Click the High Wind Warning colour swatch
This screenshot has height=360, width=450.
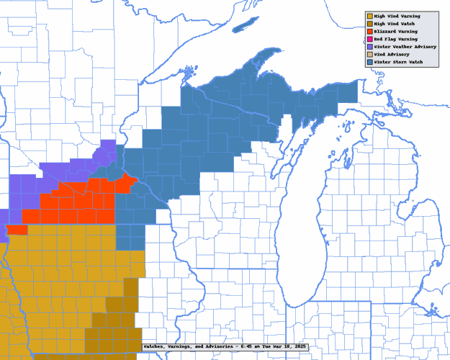pyautogui.click(x=369, y=15)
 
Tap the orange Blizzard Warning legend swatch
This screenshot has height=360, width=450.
pyautogui.click(x=369, y=31)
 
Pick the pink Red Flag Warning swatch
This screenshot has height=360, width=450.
pyautogui.click(x=369, y=39)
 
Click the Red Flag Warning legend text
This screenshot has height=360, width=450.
pyautogui.click(x=396, y=39)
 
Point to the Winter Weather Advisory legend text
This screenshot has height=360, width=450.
pyautogui.click(x=404, y=47)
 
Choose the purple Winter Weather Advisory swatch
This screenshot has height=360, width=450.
pyautogui.click(x=369, y=47)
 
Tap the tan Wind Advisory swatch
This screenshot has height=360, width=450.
pyautogui.click(x=369, y=55)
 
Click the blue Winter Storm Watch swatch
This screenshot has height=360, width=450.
pyautogui.click(x=369, y=63)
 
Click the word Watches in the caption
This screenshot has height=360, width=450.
pyautogui.click(x=155, y=347)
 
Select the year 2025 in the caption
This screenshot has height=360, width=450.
pyautogui.click(x=299, y=347)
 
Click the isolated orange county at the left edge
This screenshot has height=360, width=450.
pyautogui.click(x=17, y=230)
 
